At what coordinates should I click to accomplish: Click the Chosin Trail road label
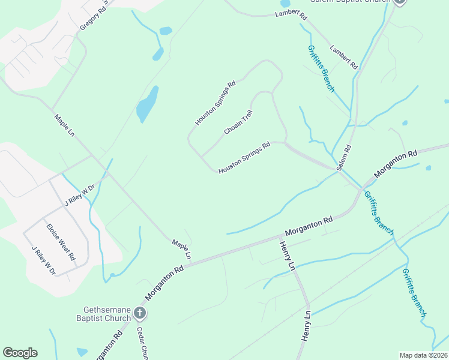239,122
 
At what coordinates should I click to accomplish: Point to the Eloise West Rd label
61,242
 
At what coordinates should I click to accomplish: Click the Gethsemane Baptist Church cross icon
139,312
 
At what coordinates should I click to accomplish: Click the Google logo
20,353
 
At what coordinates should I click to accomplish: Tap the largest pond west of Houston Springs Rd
148,103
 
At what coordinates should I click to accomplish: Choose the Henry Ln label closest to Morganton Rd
287,256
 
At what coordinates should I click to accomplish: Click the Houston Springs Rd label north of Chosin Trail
215,103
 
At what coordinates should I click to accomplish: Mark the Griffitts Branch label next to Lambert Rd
321,68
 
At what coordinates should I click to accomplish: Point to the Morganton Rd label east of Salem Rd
396,163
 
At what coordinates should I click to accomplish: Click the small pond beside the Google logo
82,352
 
